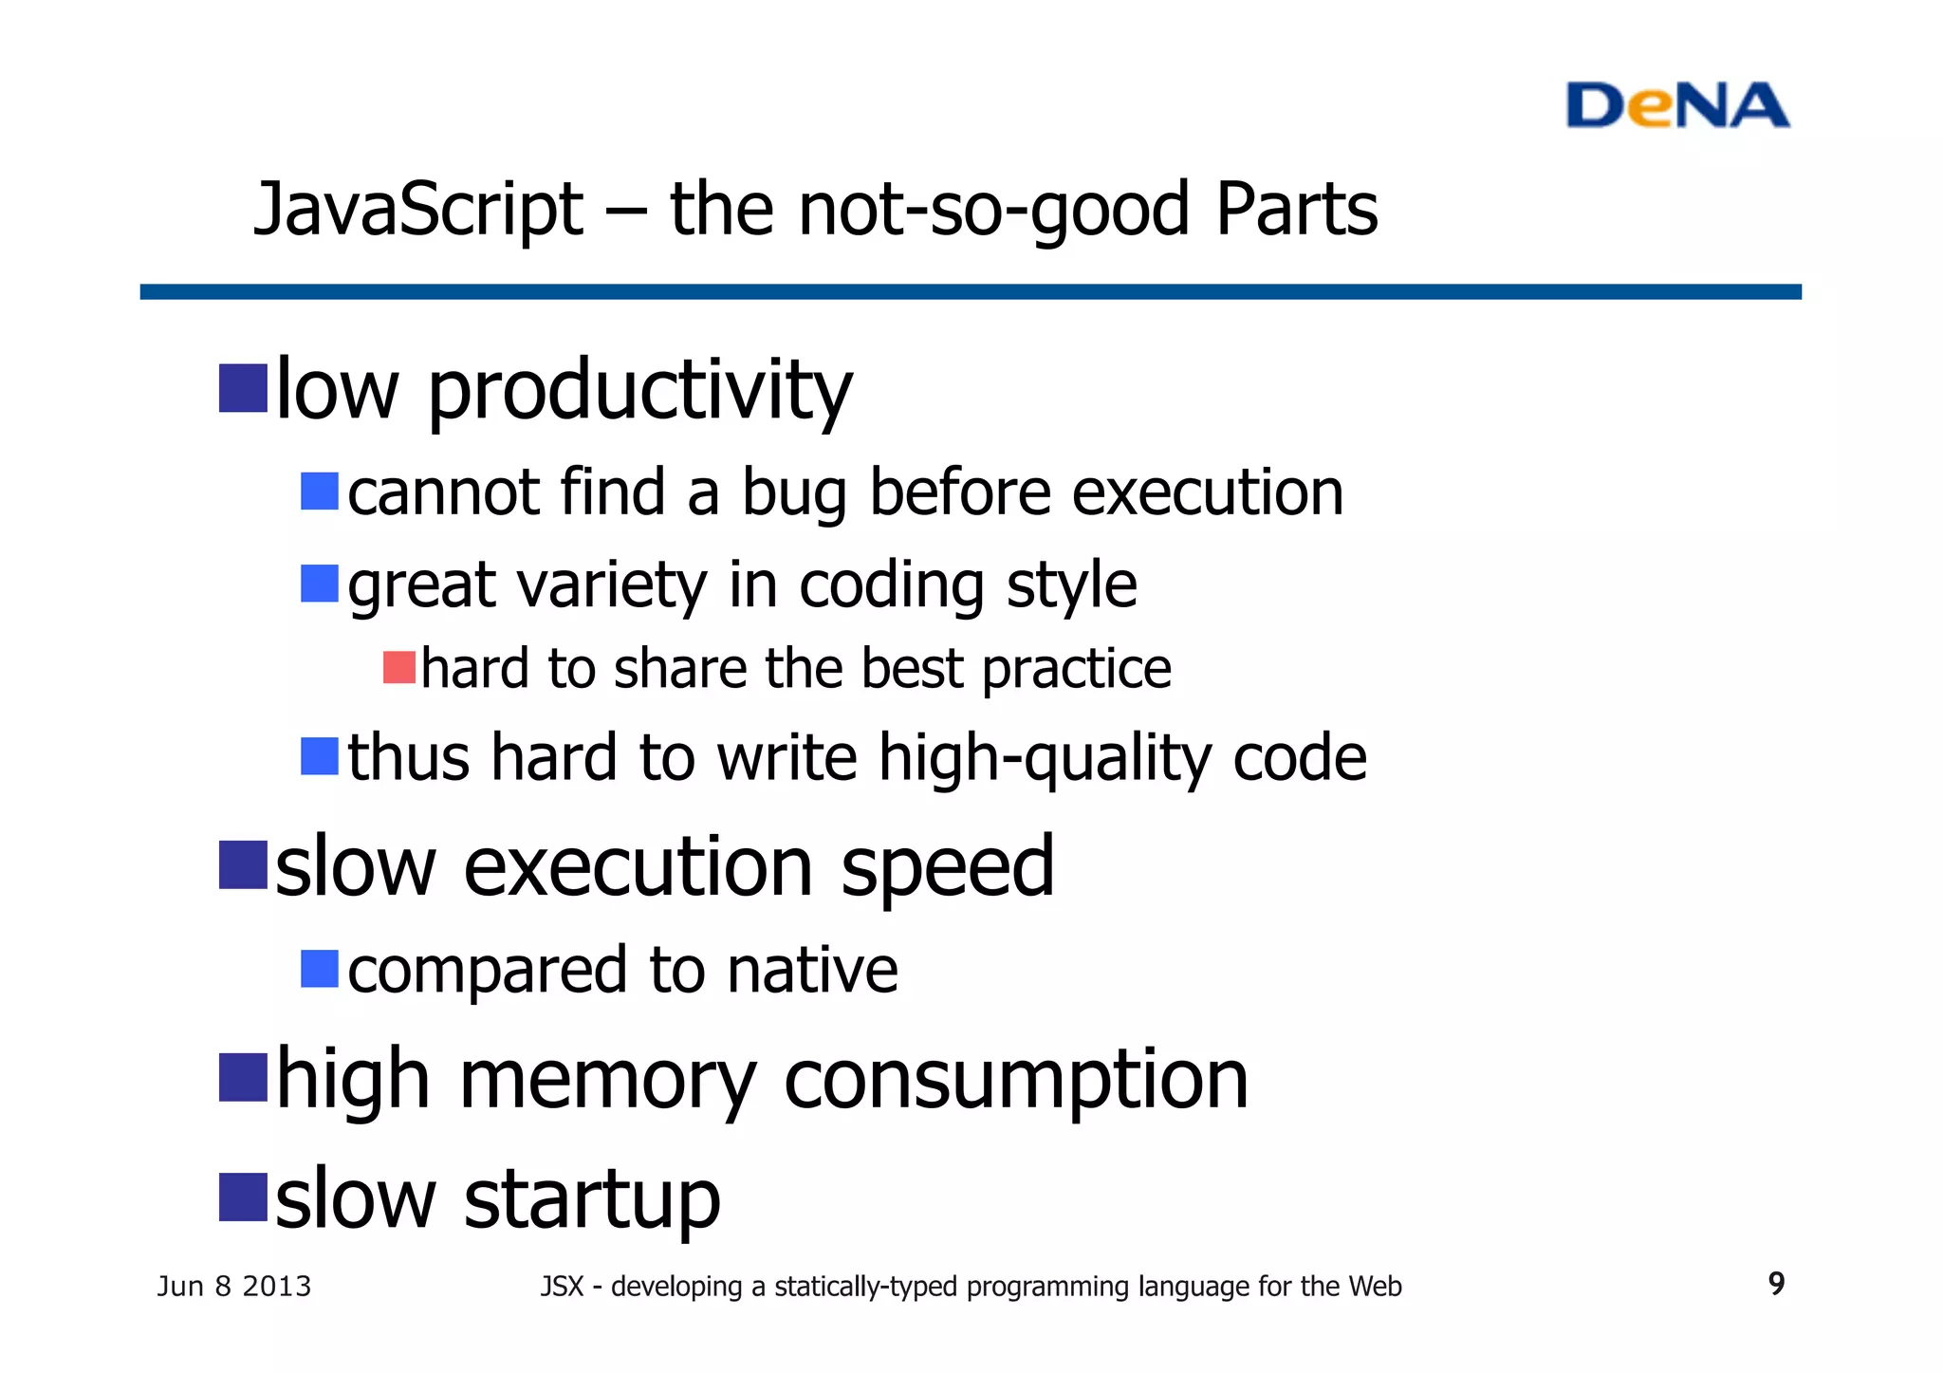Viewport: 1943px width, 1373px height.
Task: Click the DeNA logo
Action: [1676, 105]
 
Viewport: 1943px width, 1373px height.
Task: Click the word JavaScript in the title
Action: [418, 210]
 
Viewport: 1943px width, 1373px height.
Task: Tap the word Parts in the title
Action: [1296, 210]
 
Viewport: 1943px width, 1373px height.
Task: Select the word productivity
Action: [640, 392]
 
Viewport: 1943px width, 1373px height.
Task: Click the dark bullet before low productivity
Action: [243, 388]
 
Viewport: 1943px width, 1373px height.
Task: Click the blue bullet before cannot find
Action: [320, 492]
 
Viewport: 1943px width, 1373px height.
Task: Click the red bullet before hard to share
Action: [399, 668]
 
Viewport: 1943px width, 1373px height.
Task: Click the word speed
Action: [947, 868]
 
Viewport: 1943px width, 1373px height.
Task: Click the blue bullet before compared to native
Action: [320, 969]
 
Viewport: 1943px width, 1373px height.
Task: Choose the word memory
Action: [607, 1081]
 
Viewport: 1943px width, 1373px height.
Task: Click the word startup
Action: [592, 1200]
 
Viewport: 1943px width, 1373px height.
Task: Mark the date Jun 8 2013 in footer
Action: [233, 1287]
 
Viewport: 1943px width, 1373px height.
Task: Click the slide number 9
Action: [1776, 1284]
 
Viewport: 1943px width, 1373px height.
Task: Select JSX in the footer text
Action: [562, 1287]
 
